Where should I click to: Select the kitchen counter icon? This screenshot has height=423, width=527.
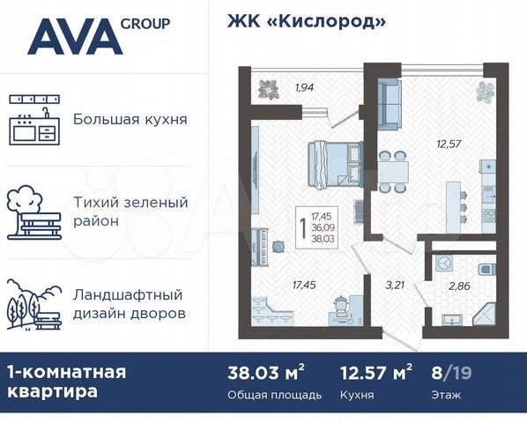[34, 120]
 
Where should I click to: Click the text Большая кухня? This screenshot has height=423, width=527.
[130, 119]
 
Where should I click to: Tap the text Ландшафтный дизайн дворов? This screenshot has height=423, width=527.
[130, 303]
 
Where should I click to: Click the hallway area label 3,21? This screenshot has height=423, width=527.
[396, 284]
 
